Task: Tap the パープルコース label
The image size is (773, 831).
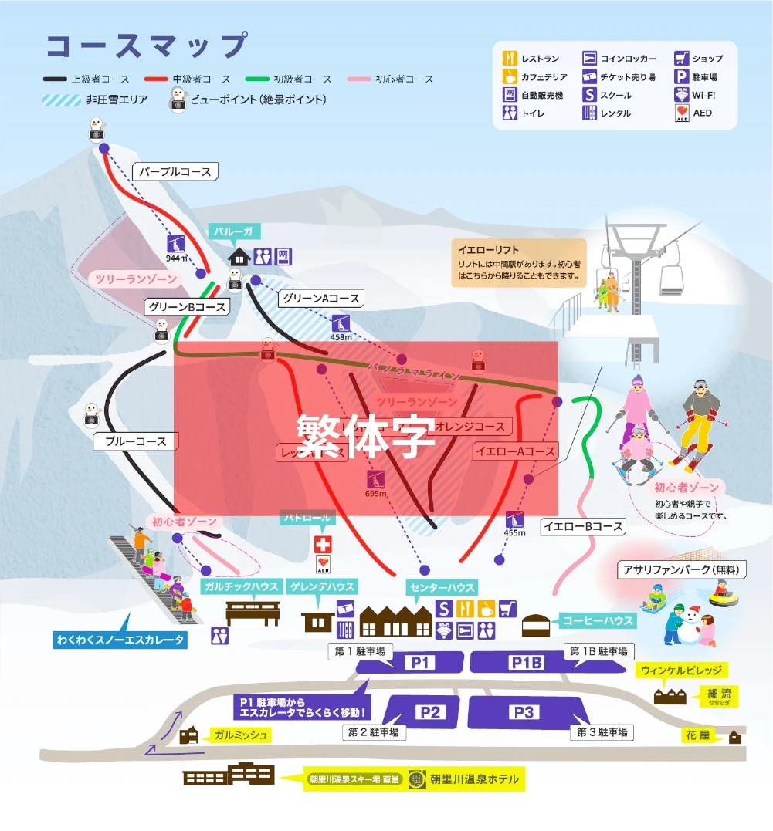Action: (175, 171)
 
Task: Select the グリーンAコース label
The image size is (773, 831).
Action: (320, 298)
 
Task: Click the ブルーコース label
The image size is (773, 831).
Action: (135, 442)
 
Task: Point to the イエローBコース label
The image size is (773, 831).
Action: (581, 527)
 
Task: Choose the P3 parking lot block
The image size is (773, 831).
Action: (524, 712)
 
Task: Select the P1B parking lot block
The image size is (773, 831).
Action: (526, 662)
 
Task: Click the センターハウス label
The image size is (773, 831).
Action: (442, 588)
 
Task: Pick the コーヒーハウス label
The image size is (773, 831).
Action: (598, 620)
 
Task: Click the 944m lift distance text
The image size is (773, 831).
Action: (178, 258)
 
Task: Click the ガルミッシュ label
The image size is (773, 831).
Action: (241, 735)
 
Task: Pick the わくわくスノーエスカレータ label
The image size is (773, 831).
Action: (120, 640)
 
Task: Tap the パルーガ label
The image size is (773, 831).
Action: (234, 231)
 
